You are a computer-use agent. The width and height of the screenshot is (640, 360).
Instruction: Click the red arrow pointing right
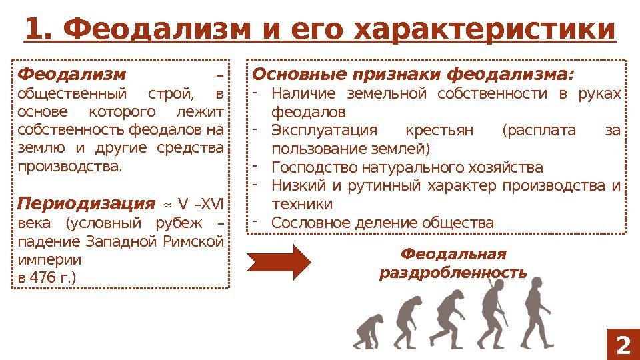tap(279, 262)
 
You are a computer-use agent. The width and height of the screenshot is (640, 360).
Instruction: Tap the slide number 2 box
tap(622, 345)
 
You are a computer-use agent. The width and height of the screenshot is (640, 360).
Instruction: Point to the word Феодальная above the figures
tap(453, 255)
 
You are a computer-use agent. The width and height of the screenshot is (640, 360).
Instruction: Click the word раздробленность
tap(453, 273)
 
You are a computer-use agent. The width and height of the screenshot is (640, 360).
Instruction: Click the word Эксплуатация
tap(325, 130)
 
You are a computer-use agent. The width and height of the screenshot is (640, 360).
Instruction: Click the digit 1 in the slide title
tap(33, 29)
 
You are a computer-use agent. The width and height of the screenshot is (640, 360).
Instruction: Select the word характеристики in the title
tap(485, 29)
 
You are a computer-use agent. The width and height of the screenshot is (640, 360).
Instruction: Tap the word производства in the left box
tap(70, 165)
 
